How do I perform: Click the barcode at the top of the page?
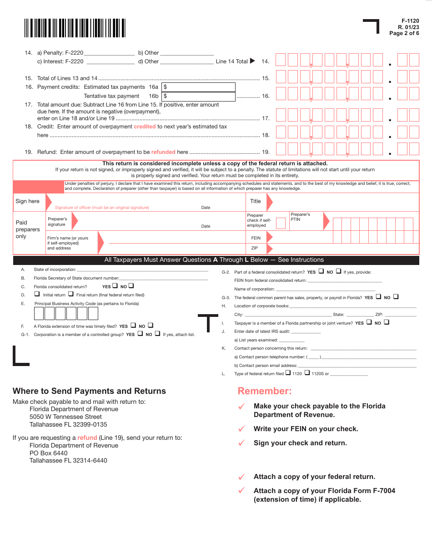[x=75, y=28]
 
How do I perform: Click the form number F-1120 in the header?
[x=410, y=21]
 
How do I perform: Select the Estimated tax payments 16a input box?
[x=198, y=87]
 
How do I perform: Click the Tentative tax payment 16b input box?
[x=198, y=96]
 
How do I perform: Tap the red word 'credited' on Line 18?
[x=145, y=127]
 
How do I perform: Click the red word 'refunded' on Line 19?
[x=163, y=152]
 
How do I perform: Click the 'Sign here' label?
[x=27, y=201]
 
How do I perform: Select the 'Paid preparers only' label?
[x=28, y=229]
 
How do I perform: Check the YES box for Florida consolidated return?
[x=115, y=286]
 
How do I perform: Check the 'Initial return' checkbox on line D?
[x=37, y=294]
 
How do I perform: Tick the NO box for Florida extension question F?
[x=151, y=325]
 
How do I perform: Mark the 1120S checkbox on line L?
[x=307, y=373]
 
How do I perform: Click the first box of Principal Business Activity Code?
[x=39, y=313]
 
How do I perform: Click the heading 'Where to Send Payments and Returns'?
[x=89, y=391]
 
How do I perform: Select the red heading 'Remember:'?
[x=264, y=391]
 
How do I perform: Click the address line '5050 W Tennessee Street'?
[x=65, y=417]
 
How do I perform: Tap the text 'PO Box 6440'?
[x=48, y=453]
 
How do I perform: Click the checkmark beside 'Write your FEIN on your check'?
[x=242, y=429]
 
